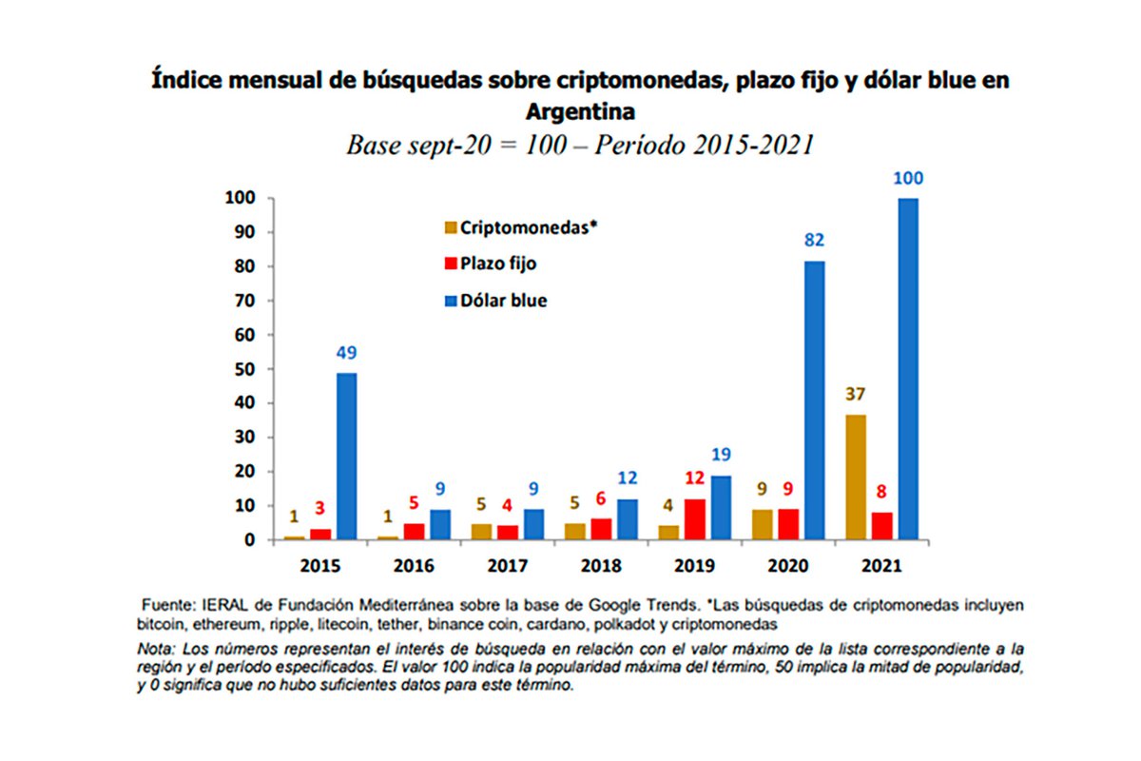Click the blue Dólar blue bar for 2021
click(908, 369)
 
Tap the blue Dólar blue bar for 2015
click(346, 456)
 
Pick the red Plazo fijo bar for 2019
click(696, 519)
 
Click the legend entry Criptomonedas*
click(520, 227)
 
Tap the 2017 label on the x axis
click(507, 566)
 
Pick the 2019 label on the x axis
click(694, 566)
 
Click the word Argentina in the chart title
click(580, 111)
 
